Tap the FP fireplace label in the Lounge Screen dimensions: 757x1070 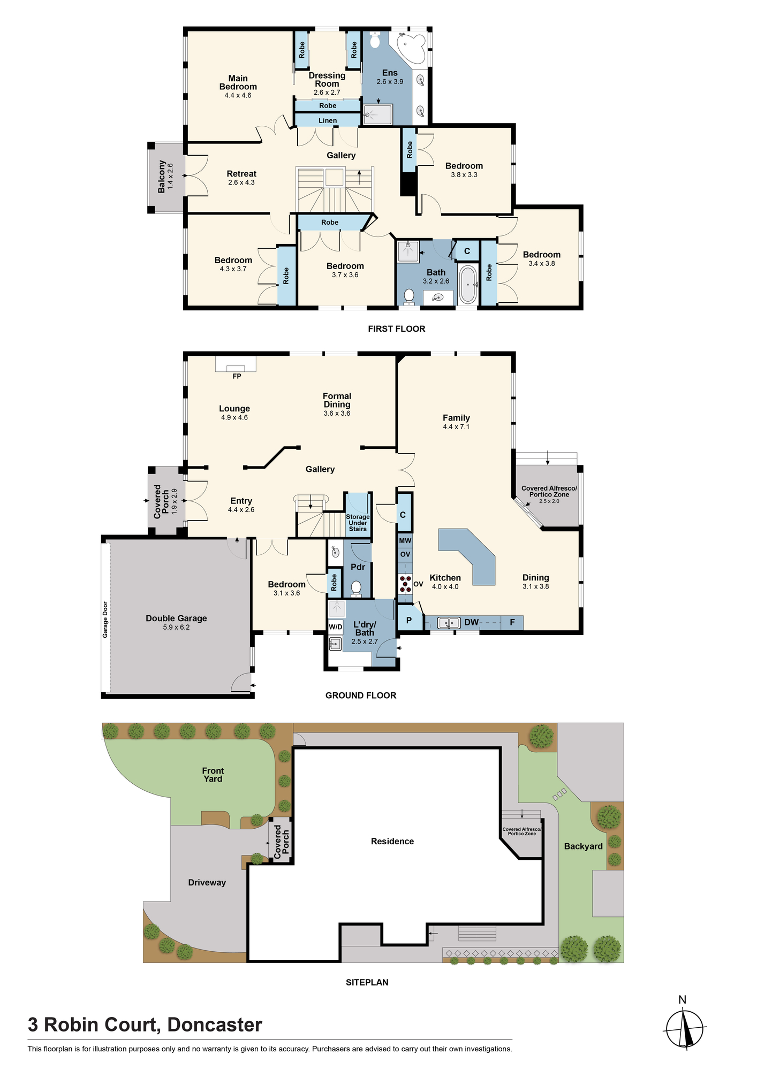[x=237, y=376]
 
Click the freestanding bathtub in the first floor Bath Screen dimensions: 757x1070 [x=468, y=285]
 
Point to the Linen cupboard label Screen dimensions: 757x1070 [x=328, y=120]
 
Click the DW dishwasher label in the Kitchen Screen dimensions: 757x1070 [x=472, y=622]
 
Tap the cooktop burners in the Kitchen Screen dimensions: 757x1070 [x=405, y=584]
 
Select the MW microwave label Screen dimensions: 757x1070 [x=405, y=541]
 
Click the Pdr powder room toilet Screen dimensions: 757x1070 [x=356, y=589]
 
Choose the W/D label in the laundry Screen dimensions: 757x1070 [x=336, y=626]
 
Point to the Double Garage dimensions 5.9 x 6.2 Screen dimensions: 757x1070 [x=176, y=627]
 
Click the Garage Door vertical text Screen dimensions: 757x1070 [x=105, y=620]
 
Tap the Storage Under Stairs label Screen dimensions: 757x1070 [x=358, y=523]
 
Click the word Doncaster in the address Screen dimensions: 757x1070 [x=215, y=1025]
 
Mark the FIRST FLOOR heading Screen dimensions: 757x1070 [x=397, y=329]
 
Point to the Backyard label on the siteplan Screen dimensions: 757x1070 [x=584, y=846]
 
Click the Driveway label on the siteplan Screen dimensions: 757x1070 [x=207, y=883]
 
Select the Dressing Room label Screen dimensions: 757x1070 [x=327, y=80]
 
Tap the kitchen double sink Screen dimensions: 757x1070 [x=449, y=623]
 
